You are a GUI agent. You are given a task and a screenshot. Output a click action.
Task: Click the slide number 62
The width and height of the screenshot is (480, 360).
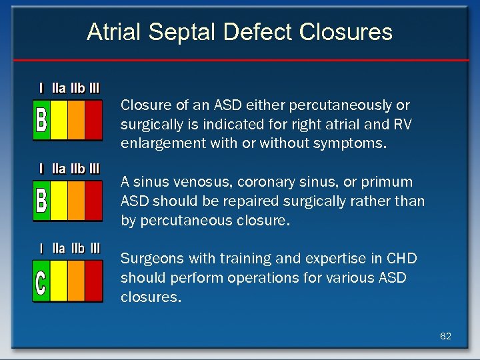tap(445, 336)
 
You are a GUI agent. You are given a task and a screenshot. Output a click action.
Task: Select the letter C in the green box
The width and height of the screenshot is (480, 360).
tap(41, 281)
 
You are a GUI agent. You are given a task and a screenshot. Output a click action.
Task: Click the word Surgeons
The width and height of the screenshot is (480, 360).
tap(149, 259)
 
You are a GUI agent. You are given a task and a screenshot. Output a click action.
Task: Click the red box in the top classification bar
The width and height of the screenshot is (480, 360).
tap(93, 120)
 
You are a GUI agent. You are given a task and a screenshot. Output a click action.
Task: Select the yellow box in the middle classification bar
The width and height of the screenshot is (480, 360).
tap(59, 200)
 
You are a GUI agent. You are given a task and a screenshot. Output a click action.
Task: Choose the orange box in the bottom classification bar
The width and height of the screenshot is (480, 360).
tap(76, 281)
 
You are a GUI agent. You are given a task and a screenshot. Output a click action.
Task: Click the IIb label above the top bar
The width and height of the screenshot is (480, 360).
tap(77, 88)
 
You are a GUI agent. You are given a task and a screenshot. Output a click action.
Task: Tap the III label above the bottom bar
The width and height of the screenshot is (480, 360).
tap(94, 249)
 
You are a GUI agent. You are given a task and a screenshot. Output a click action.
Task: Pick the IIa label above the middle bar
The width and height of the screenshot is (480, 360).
tap(59, 169)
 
